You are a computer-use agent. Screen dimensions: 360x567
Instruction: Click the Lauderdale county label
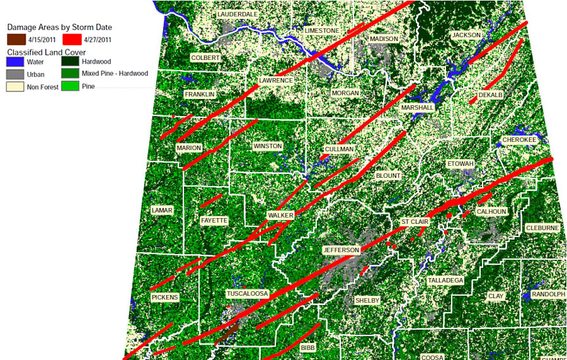237,14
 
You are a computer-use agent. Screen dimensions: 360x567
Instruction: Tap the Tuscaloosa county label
247,294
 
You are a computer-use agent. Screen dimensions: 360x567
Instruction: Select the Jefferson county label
341,250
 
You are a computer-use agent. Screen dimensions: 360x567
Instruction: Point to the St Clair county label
415,222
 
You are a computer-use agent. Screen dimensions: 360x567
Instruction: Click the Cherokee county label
519,139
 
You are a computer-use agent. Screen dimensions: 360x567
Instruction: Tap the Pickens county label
165,297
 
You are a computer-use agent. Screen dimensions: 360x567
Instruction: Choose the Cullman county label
339,149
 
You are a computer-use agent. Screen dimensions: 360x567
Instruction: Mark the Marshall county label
417,108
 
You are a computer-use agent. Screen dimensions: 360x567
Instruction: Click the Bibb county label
307,347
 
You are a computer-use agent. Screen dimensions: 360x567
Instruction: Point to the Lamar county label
162,210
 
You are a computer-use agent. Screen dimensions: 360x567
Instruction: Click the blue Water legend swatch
15,62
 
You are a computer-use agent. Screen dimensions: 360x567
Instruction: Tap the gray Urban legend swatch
15,74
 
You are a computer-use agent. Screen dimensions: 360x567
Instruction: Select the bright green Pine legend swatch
70,85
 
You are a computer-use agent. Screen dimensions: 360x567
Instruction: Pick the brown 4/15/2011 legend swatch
15,39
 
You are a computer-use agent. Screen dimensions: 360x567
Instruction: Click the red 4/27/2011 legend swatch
71,39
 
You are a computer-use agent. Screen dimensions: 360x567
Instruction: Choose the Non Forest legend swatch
15,85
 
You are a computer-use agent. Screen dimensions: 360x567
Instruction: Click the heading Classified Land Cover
46,51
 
